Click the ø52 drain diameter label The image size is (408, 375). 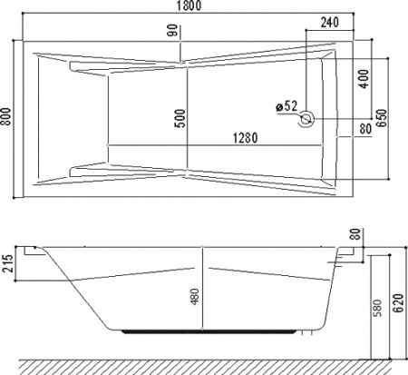coord(287,107)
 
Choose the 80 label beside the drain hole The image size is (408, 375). coord(364,128)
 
